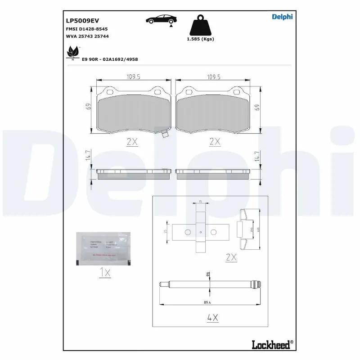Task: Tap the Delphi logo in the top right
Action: pos(282,17)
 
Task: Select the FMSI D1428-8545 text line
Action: pos(84,28)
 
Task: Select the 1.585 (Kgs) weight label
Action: pos(200,39)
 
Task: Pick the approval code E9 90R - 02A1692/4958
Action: pos(110,59)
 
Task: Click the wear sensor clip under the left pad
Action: pos(164,133)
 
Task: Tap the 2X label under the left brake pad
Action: pos(132,141)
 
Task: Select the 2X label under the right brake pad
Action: pos(215,141)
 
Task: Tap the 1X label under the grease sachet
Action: pos(104,272)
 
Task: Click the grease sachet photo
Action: pos(103,247)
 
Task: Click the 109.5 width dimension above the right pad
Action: pos(213,77)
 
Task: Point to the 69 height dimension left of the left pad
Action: pos(89,107)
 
